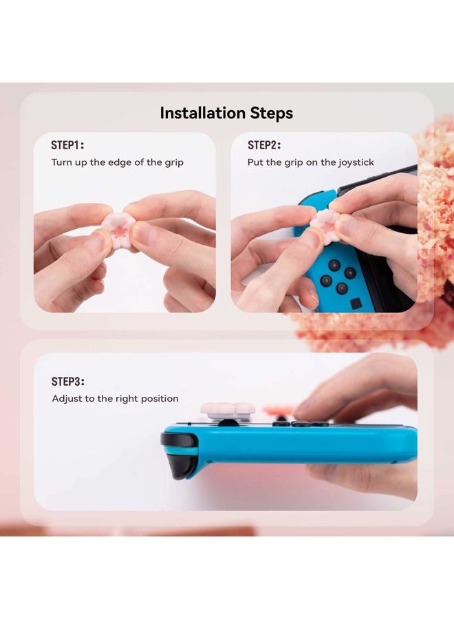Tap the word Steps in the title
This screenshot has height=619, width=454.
click(x=272, y=113)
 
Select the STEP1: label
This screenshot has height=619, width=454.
click(x=67, y=145)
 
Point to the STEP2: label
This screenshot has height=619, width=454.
click(x=264, y=145)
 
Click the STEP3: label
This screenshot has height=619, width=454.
click(x=67, y=381)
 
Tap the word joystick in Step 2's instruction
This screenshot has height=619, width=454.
click(x=355, y=163)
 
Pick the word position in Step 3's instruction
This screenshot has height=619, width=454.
click(x=160, y=399)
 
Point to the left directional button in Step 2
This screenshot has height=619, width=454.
click(x=326, y=280)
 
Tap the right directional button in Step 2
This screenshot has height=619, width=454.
click(x=351, y=272)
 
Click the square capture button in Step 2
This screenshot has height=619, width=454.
click(x=356, y=303)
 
